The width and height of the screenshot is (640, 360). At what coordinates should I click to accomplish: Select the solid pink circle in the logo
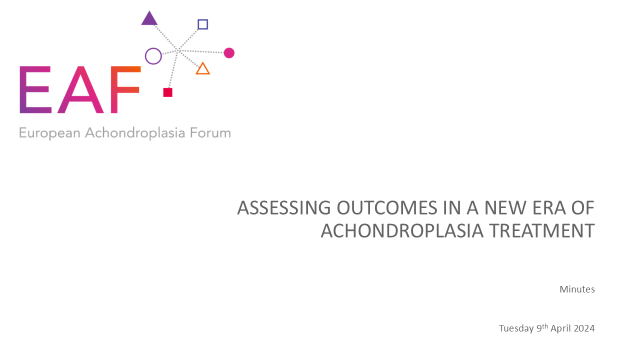(x=229, y=53)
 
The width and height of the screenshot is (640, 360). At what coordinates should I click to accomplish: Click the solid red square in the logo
(x=167, y=92)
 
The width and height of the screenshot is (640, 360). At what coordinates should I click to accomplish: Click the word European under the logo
(x=49, y=133)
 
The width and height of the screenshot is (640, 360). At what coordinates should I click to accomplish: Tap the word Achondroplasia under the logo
(x=135, y=133)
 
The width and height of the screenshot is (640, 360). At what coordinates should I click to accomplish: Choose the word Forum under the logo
(x=210, y=133)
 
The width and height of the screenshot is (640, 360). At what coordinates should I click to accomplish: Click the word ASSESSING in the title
(x=284, y=207)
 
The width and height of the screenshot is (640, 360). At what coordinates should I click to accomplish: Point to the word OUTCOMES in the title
(x=387, y=207)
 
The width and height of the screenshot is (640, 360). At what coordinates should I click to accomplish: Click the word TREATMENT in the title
(x=542, y=231)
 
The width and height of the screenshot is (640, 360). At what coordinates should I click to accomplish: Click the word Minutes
(x=577, y=289)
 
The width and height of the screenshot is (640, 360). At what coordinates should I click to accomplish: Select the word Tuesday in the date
(x=516, y=328)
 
